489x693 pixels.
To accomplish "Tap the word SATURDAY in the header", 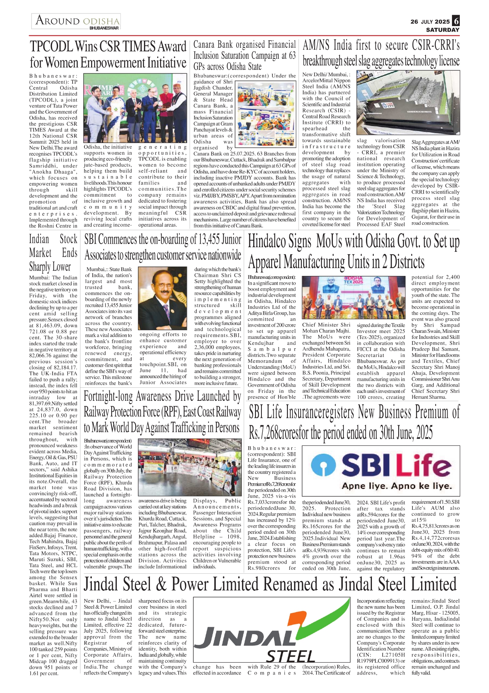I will tap(442, 30).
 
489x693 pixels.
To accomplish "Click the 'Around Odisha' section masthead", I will tap(77, 21).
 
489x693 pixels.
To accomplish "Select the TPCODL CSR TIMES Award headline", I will tap(108, 54).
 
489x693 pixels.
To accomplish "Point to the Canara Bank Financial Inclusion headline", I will tap(244, 55).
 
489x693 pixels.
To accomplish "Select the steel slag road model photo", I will tap(408, 103).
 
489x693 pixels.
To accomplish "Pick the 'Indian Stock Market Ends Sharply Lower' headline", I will tap(53, 253).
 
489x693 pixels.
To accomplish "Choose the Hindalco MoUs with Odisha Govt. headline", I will tap(353, 252).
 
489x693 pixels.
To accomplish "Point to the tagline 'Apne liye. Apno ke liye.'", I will tap(396, 486).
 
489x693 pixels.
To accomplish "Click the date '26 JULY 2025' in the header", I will tap(430, 22).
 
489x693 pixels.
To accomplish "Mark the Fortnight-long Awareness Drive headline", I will tap(162, 412).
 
